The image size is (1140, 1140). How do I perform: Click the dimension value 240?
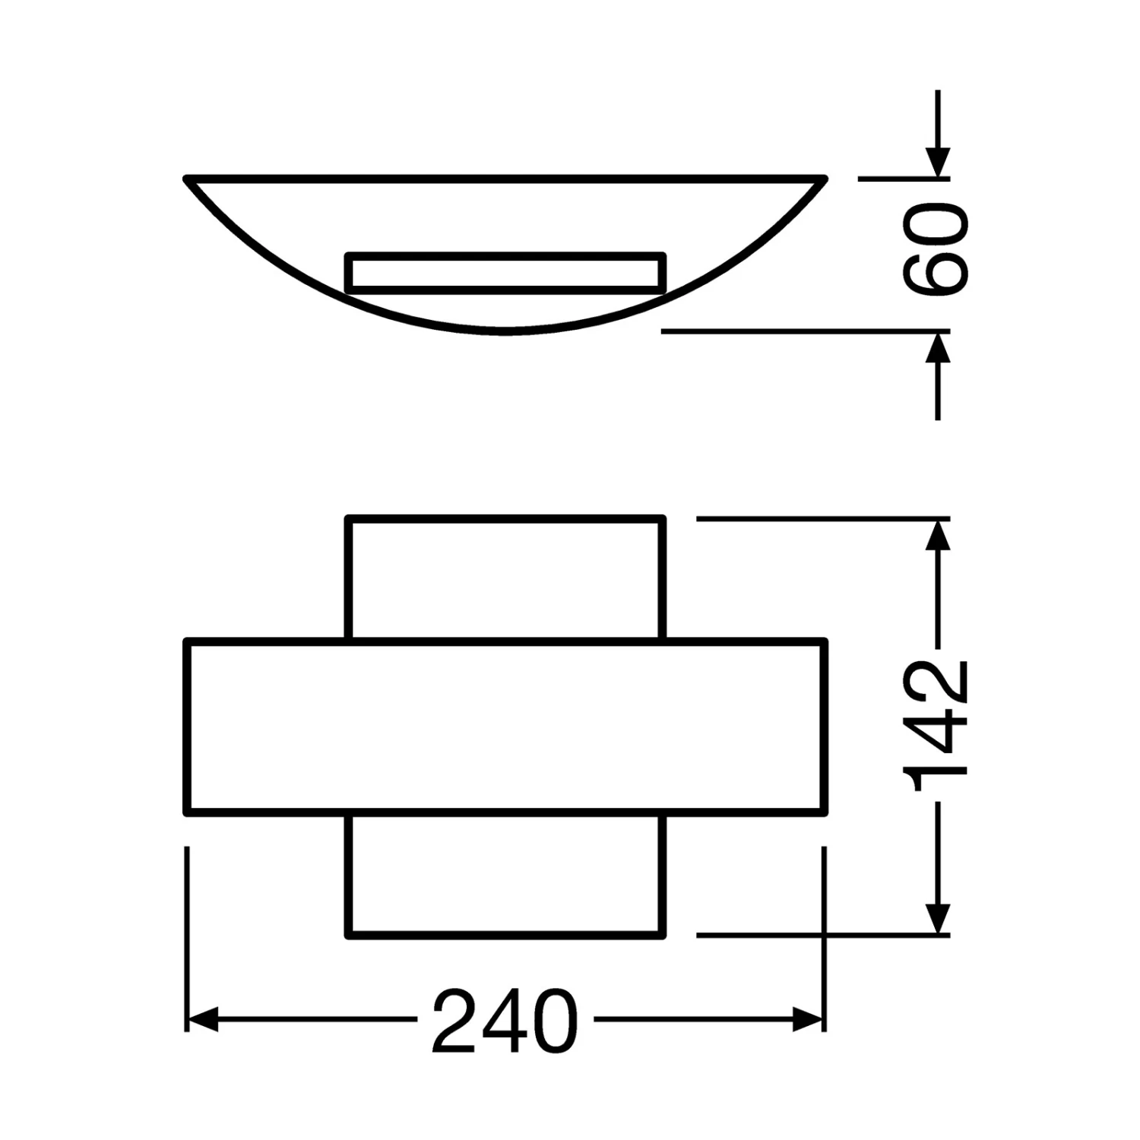coord(505,1020)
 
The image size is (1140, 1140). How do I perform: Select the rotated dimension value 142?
coord(937,726)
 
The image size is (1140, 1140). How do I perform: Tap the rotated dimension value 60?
coord(937,247)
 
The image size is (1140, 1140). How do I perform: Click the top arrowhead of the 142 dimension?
coord(939,536)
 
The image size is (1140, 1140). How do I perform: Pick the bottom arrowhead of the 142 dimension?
coord(939,918)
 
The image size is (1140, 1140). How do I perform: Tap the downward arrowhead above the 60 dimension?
coord(939,163)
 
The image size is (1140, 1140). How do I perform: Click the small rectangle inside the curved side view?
coord(505,272)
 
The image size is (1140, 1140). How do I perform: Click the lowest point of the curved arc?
coord(505,331)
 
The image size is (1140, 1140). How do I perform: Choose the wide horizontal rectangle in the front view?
coord(505,727)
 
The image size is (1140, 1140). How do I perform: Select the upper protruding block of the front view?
coord(505,579)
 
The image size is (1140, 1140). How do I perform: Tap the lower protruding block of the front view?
coord(505,876)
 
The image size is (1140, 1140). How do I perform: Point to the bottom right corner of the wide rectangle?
coord(824,812)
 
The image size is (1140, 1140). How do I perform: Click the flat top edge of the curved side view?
coord(505,179)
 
